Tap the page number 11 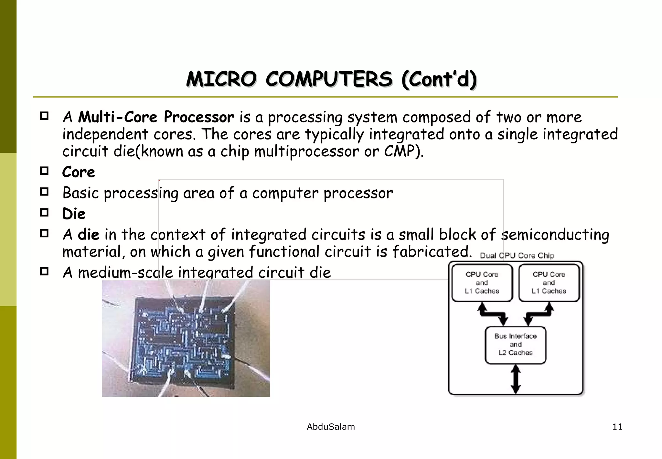coord(617,427)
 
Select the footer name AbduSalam coord(331,427)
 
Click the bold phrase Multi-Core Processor coord(156,117)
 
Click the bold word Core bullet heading coord(79,172)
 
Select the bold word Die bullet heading coord(74,214)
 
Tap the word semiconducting coord(555,235)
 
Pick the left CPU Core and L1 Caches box coord(482,283)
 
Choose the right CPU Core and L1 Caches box coord(549,283)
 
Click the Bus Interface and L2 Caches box coord(515,345)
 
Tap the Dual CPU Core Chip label coord(517,256)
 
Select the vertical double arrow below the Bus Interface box coord(516,379)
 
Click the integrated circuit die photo coord(186,338)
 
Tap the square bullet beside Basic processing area coord(44,192)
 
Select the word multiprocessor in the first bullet coord(306,151)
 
